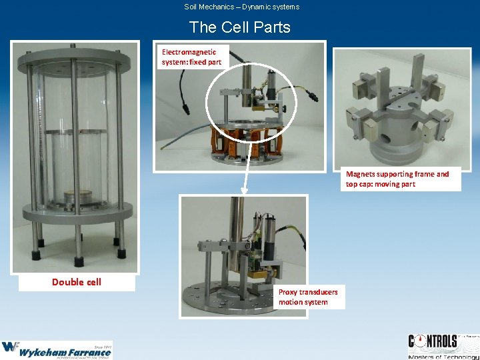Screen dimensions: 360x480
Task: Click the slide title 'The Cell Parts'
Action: point(240,27)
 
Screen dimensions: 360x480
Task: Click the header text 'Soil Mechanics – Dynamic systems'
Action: point(241,7)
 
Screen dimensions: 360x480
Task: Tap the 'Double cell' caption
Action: point(77,282)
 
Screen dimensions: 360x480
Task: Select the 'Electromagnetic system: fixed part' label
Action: point(191,57)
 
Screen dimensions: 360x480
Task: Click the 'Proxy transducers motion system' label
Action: point(308,297)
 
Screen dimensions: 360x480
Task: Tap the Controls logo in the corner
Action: point(443,347)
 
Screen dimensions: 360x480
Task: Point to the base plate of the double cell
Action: point(75,213)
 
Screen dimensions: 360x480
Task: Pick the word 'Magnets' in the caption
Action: point(361,174)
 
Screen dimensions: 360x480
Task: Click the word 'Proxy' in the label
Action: point(288,292)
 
